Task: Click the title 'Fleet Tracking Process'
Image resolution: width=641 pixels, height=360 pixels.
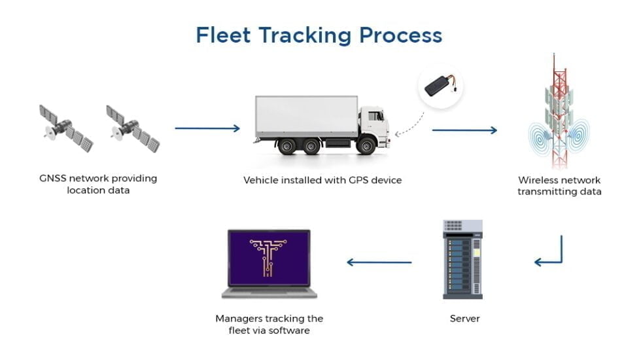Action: (319, 35)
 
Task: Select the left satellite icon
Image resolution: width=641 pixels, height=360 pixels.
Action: (65, 128)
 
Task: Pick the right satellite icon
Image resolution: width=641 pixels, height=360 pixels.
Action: (133, 128)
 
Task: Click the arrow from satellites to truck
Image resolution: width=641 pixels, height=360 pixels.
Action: (207, 128)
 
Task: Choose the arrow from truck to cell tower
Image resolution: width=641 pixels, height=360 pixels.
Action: (464, 130)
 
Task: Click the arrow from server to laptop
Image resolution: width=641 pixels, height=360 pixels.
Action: (379, 262)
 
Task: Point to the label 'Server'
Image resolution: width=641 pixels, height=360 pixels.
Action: (464, 319)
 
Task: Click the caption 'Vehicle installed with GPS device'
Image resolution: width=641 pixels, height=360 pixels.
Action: (322, 179)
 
